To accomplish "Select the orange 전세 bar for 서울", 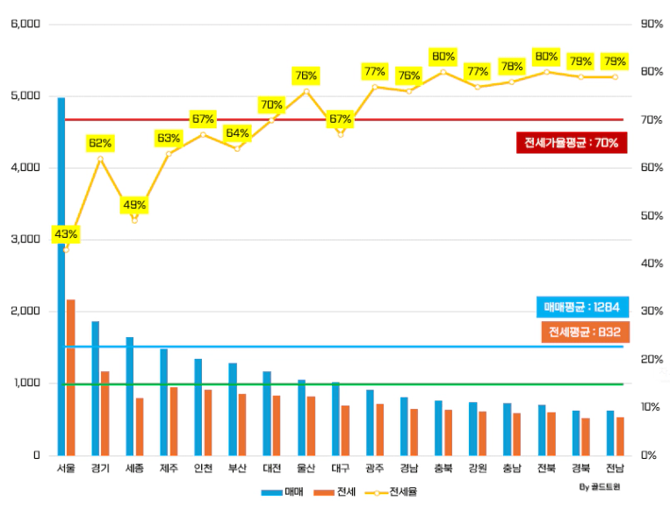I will (x=70, y=377).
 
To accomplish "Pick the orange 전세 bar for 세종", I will (x=139, y=427).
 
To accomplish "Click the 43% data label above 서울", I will (x=65, y=234).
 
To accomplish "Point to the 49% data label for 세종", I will (x=134, y=205).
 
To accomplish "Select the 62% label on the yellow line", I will (x=100, y=143).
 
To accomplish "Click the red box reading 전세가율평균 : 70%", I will (x=572, y=142).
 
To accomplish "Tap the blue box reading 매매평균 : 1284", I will (x=581, y=307).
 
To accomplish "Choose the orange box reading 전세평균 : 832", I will (x=584, y=332).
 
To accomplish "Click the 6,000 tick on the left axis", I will (x=25, y=24).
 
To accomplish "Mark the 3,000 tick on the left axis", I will (x=25, y=240).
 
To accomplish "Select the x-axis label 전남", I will (x=615, y=469).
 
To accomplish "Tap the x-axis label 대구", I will (x=340, y=469).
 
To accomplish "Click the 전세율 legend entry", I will (x=393, y=491).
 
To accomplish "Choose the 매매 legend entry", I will (x=283, y=491).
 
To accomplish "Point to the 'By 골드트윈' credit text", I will (x=600, y=485).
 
